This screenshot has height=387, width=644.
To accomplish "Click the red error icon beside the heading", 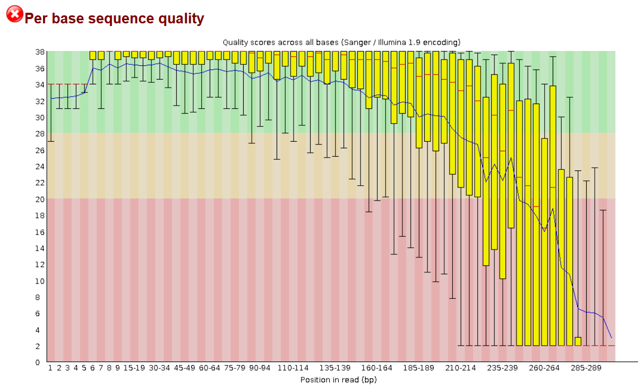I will (14, 14).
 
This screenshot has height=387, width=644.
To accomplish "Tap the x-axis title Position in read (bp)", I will (338, 380).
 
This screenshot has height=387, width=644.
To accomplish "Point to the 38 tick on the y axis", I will (39, 51).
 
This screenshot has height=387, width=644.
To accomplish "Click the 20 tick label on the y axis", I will (39, 199).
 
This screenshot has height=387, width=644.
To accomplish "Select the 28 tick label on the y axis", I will (39, 134).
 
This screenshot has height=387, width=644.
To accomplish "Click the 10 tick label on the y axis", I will (39, 281).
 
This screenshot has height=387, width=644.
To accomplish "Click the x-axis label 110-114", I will (293, 368).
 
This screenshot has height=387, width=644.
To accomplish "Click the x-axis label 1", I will (50, 368).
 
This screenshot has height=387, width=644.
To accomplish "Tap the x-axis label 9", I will (117, 368).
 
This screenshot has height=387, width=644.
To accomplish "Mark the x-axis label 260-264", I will (544, 368).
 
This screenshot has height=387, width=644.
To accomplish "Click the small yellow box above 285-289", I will (578, 341).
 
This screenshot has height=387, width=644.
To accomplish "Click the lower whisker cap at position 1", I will (50, 141).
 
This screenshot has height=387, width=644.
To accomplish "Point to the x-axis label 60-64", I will (209, 368).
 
